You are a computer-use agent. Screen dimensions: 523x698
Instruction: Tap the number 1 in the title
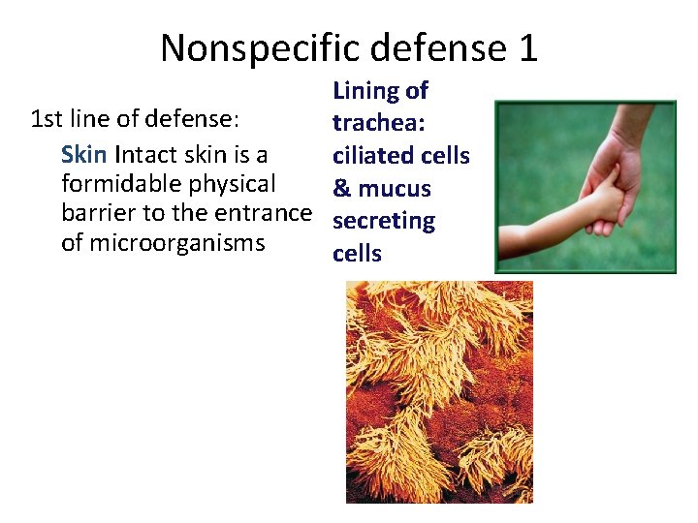click(527, 47)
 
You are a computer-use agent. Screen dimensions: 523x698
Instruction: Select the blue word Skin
click(84, 155)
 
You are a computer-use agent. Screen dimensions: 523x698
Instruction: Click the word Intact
click(145, 155)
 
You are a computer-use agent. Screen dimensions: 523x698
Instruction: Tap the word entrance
click(268, 213)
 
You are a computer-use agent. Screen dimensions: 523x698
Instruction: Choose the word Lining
click(365, 91)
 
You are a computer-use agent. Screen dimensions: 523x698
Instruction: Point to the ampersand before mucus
click(341, 189)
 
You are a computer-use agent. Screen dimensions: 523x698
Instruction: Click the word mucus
click(395, 189)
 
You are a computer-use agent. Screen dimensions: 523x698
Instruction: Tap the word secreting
click(384, 221)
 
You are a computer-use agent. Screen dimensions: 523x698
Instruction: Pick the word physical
click(234, 184)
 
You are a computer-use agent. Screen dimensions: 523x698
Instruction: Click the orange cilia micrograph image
click(439, 391)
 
